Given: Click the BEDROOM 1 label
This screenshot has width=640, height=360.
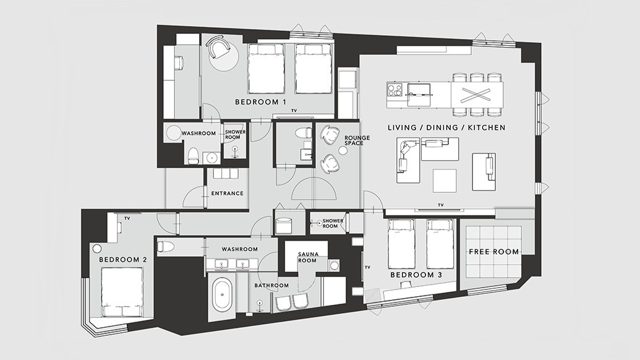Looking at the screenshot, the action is tap(260, 102).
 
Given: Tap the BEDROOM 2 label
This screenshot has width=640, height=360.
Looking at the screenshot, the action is tap(123, 260).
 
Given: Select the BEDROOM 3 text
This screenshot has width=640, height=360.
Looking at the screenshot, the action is tap(416, 275).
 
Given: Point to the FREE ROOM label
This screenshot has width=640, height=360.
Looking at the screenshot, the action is tap(493, 252).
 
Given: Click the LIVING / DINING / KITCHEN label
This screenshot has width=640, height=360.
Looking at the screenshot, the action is tap(446, 128).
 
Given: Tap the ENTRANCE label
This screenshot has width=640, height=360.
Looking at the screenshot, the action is tap(228, 194).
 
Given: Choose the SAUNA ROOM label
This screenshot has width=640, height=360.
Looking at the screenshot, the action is tap(307, 257).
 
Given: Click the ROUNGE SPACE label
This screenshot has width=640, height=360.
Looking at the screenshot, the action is tap(357, 140).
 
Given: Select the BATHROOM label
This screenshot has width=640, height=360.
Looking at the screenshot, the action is tap(271, 285).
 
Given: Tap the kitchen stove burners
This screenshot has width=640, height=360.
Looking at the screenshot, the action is tap(395, 90).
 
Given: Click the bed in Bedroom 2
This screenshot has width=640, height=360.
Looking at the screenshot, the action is tap(122, 292).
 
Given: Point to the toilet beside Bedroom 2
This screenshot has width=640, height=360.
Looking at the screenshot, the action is tap(166, 247).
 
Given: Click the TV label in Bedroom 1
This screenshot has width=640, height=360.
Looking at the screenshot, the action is tap(294, 111).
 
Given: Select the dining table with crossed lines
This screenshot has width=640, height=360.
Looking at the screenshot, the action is tap(477, 95).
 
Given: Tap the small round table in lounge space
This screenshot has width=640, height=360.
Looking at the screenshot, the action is tap(344, 150).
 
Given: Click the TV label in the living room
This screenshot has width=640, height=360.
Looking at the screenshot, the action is tap(440, 205).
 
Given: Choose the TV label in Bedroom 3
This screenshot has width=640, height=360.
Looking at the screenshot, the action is tap(367, 267).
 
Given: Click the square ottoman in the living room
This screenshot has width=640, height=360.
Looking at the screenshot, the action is tap(445, 181).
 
